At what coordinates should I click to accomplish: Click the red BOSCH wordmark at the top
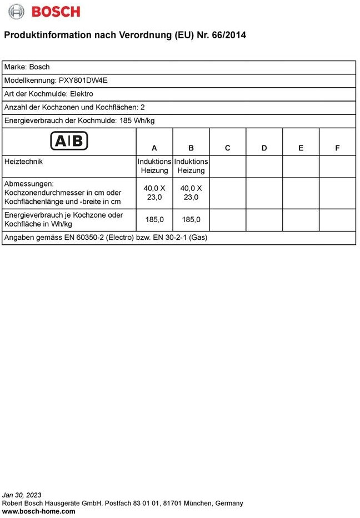click(x=55, y=12)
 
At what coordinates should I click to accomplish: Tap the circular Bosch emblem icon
click(x=17, y=12)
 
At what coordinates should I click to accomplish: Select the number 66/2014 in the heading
click(x=227, y=35)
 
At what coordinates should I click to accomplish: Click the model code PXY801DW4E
click(x=83, y=80)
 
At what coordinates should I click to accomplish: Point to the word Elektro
click(x=82, y=94)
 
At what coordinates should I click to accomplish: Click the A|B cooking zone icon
click(x=69, y=141)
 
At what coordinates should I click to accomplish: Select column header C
click(x=228, y=148)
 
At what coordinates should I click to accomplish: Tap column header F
click(x=337, y=148)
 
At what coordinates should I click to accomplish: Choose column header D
click(x=264, y=148)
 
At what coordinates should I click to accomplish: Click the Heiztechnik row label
click(x=23, y=162)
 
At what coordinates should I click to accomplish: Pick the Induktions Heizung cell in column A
click(x=154, y=166)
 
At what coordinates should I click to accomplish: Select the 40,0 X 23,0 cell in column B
click(x=191, y=193)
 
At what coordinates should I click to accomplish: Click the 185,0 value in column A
click(x=154, y=219)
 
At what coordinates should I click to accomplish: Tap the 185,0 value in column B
click(x=191, y=219)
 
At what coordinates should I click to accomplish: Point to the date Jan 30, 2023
click(x=22, y=495)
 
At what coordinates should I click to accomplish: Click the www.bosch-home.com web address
click(x=39, y=511)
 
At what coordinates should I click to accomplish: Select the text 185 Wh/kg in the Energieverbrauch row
click(x=136, y=120)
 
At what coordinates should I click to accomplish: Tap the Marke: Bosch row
click(x=27, y=67)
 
